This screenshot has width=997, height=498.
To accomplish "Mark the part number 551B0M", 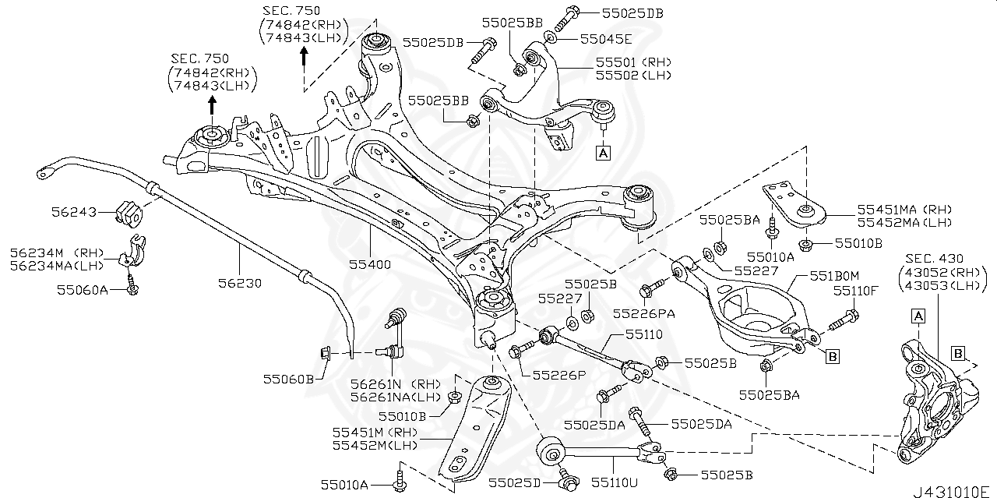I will pos(834,275).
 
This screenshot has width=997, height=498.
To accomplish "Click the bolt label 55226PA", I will pos(643,313).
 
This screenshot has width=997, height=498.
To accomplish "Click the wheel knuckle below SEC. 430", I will pos(926,406).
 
